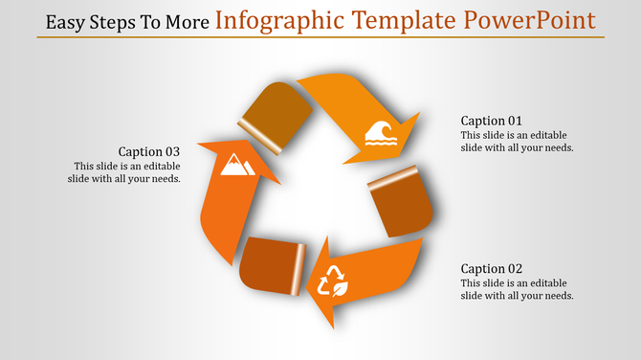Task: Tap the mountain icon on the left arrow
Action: pos(235,167)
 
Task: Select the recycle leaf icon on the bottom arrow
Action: pos(333,281)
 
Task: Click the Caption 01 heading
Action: pos(492,121)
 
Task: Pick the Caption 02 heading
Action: pos(492,269)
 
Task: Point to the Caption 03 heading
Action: pos(149,151)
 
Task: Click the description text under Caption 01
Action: pos(517,141)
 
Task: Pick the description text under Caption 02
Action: pos(517,289)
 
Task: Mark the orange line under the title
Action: pos(320,37)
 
